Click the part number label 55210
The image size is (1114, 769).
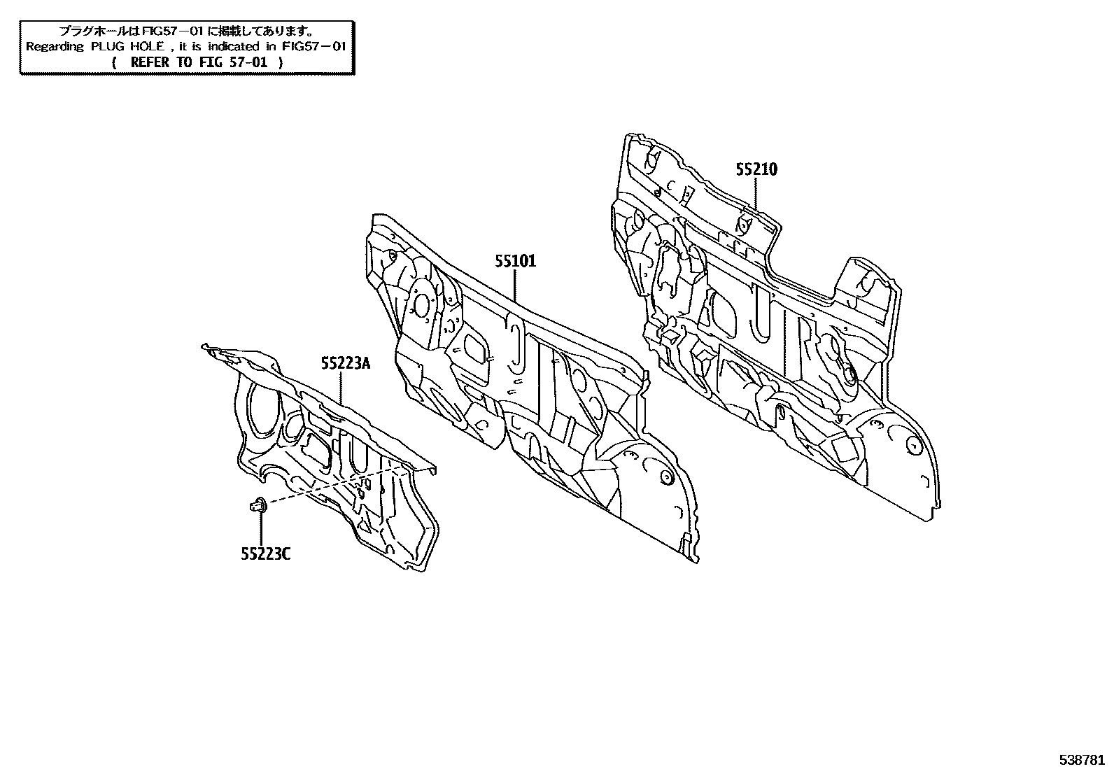pyautogui.click(x=756, y=169)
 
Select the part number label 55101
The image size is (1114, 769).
pyautogui.click(x=515, y=261)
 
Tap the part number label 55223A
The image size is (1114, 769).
pyautogui.click(x=346, y=364)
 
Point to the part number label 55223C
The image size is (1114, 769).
pyautogui.click(x=266, y=553)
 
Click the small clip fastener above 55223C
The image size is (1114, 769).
pyautogui.click(x=259, y=506)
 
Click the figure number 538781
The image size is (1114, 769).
pyautogui.click(x=1082, y=760)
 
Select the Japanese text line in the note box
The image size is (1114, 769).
pyautogui.click(x=186, y=31)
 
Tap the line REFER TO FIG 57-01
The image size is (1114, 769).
pyautogui.click(x=198, y=63)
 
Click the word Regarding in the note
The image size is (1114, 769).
pyautogui.click(x=55, y=47)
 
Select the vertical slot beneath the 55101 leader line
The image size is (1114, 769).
pyautogui.click(x=516, y=343)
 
